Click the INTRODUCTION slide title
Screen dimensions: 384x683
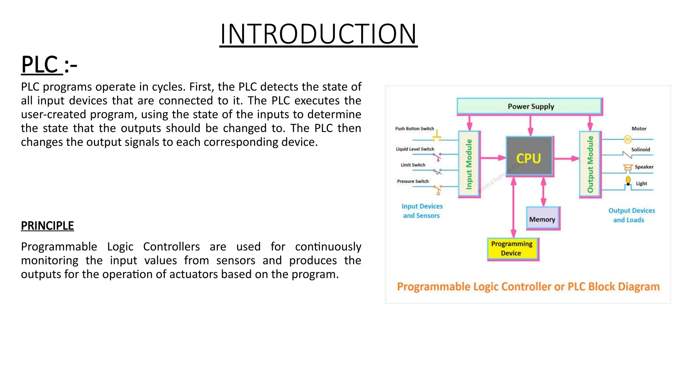[x=318, y=34]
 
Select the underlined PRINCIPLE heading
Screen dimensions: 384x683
[x=47, y=226]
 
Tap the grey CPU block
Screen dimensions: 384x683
[x=529, y=156]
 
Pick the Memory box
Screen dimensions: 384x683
[x=543, y=219]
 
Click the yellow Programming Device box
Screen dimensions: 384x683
[x=512, y=249]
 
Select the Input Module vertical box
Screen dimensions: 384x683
[x=469, y=164]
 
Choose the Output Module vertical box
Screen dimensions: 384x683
[x=590, y=164]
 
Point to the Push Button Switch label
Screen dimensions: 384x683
[x=414, y=129]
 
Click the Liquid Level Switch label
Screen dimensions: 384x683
[x=415, y=149]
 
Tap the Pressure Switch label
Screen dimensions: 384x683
[x=413, y=181]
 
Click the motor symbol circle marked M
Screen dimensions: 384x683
[x=627, y=139]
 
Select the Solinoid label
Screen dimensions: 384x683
[x=640, y=150]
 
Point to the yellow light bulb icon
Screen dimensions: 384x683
[x=628, y=181]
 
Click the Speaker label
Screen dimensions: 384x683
[x=644, y=167]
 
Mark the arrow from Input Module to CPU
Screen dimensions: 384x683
[x=493, y=158]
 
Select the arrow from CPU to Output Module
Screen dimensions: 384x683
[x=566, y=159]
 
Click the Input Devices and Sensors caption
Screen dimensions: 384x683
[x=422, y=211]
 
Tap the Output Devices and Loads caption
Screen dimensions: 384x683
[x=631, y=215]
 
